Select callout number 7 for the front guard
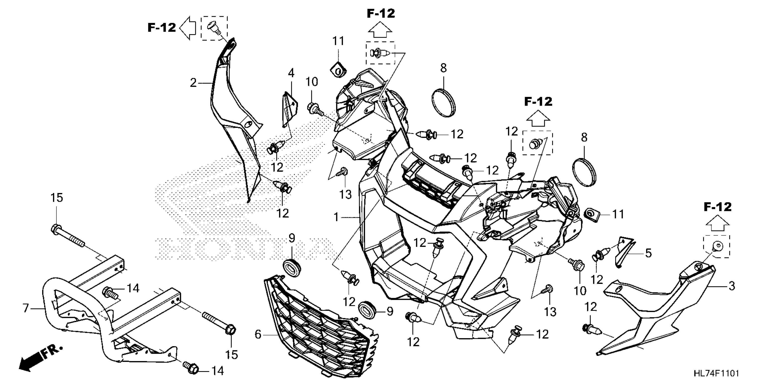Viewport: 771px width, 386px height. (x=26, y=308)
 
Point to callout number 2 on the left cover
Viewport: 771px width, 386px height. (x=193, y=83)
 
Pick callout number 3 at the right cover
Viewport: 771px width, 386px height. (x=731, y=286)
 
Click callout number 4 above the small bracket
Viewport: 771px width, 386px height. (x=291, y=73)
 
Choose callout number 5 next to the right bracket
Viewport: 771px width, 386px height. (x=648, y=253)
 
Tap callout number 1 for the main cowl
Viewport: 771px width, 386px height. (x=337, y=217)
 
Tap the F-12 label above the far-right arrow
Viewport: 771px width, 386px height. (x=717, y=207)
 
